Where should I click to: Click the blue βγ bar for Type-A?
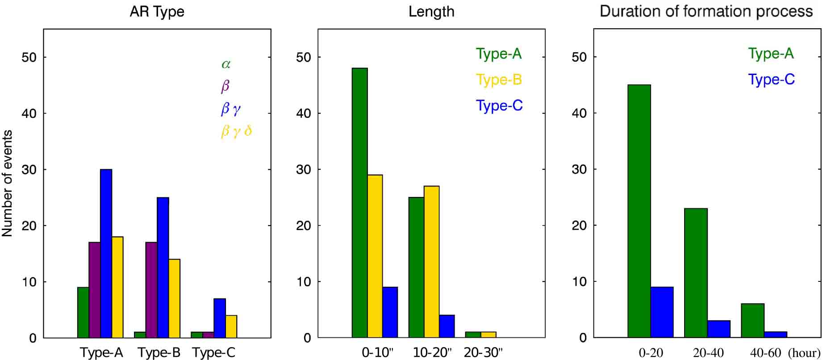[106, 253]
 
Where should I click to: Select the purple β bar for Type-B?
[151, 290]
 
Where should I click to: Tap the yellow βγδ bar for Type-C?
[231, 327]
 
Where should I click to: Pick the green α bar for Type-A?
[83, 312]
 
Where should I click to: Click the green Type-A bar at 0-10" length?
[360, 203]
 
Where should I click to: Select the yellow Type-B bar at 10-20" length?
[432, 262]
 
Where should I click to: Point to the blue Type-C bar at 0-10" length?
[390, 312]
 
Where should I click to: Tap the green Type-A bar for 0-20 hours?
[639, 211]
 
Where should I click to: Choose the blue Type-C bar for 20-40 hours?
[719, 329]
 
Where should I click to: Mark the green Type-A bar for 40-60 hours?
[752, 321]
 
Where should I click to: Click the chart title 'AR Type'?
[157, 12]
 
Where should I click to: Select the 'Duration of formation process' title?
[706, 11]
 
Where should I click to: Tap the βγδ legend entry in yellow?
[236, 132]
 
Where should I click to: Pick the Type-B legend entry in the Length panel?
[499, 80]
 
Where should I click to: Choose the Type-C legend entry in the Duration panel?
[771, 80]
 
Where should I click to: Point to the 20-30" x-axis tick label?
[483, 352]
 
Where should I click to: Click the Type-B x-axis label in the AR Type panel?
[159, 353]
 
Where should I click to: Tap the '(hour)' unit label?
[804, 353]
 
